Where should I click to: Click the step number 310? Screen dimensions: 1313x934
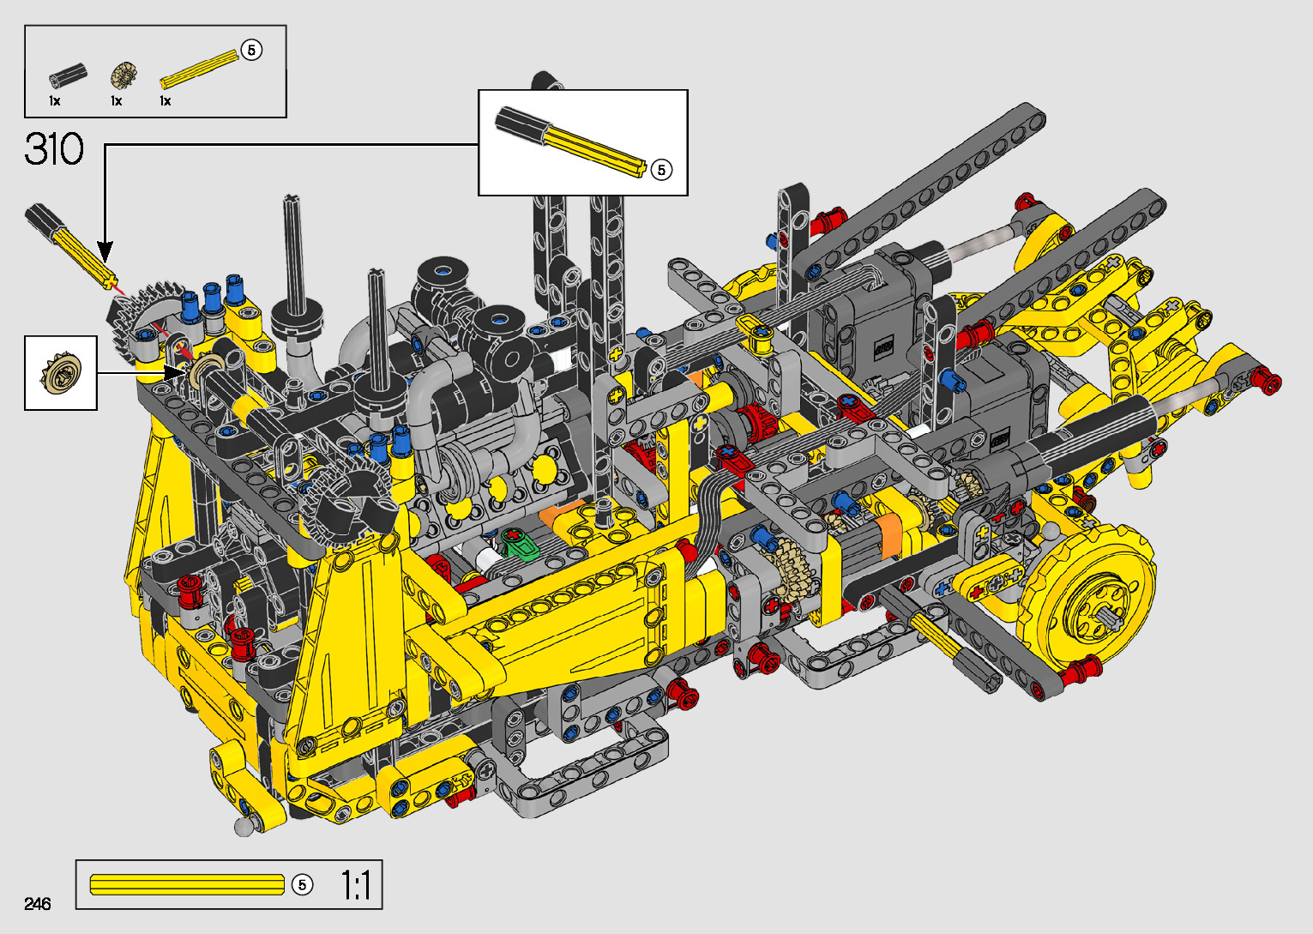54,149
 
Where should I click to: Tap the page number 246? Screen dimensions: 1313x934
38,903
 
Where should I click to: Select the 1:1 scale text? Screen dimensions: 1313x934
356,885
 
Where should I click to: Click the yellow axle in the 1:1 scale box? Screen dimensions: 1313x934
187,885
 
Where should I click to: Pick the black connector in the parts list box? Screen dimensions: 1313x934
69,76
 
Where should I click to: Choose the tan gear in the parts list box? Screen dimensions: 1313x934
123,75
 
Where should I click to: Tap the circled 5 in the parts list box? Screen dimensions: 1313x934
251,50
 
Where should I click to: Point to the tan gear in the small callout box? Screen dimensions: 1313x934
60,372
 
